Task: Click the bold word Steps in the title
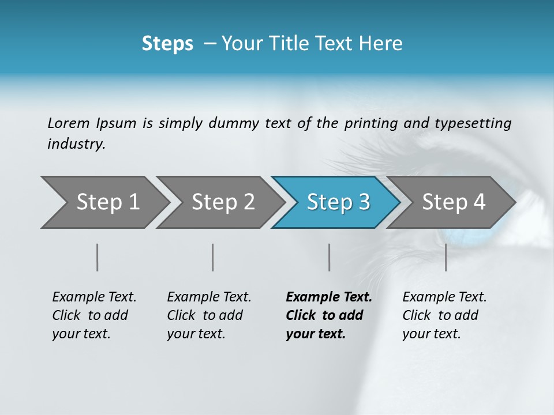pyautogui.click(x=167, y=43)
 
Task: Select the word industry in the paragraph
pyautogui.click(x=76, y=144)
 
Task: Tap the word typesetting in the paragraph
pyautogui.click(x=473, y=123)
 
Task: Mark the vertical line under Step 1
pyautogui.click(x=98, y=257)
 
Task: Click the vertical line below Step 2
pyautogui.click(x=213, y=257)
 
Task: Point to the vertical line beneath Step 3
pyautogui.click(x=329, y=257)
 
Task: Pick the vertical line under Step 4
pyautogui.click(x=446, y=257)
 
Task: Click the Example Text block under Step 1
pyautogui.click(x=94, y=315)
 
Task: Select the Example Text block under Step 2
pyautogui.click(x=209, y=315)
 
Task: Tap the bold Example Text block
pyautogui.click(x=329, y=315)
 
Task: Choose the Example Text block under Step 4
pyautogui.click(x=444, y=315)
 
